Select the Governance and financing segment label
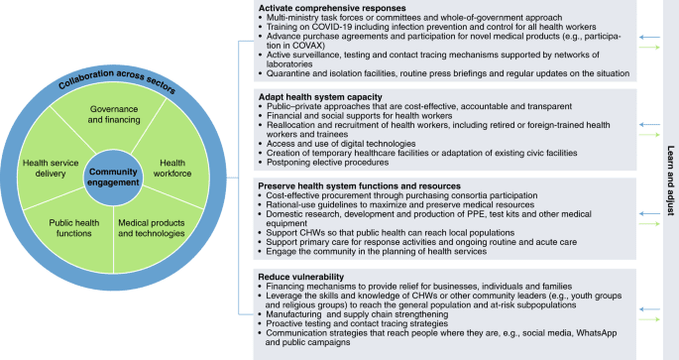click(x=114, y=114)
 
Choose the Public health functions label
click(x=72, y=227)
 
